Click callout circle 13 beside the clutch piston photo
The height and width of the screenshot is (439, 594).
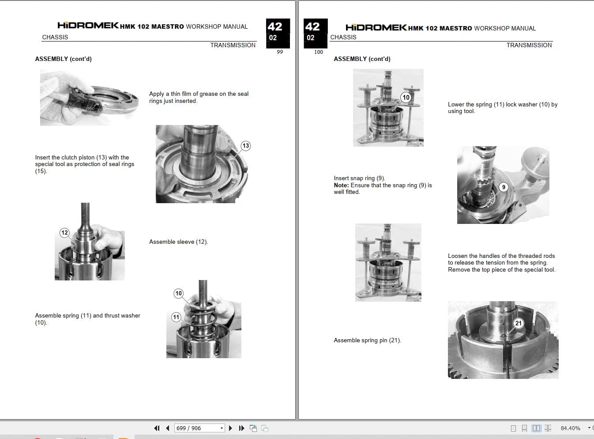click(245, 146)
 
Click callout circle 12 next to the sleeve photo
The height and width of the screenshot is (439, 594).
click(65, 233)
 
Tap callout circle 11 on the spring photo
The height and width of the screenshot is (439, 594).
click(177, 317)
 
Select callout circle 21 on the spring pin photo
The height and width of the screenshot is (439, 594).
click(518, 323)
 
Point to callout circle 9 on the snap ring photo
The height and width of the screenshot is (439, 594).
click(504, 187)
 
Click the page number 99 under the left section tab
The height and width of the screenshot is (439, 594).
click(280, 52)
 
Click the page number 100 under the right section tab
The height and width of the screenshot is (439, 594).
click(318, 52)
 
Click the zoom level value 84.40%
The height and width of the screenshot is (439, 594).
click(570, 428)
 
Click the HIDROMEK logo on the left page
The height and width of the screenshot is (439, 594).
click(88, 26)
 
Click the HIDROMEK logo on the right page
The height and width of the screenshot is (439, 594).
click(376, 27)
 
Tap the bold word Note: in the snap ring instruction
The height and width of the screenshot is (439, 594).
click(341, 185)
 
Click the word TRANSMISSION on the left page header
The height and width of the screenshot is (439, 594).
click(233, 45)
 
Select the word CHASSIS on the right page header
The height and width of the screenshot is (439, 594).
click(343, 37)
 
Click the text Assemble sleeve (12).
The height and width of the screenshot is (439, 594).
click(178, 242)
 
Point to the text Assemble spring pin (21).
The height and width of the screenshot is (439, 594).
click(367, 340)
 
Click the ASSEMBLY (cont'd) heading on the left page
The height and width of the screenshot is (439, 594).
click(63, 59)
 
